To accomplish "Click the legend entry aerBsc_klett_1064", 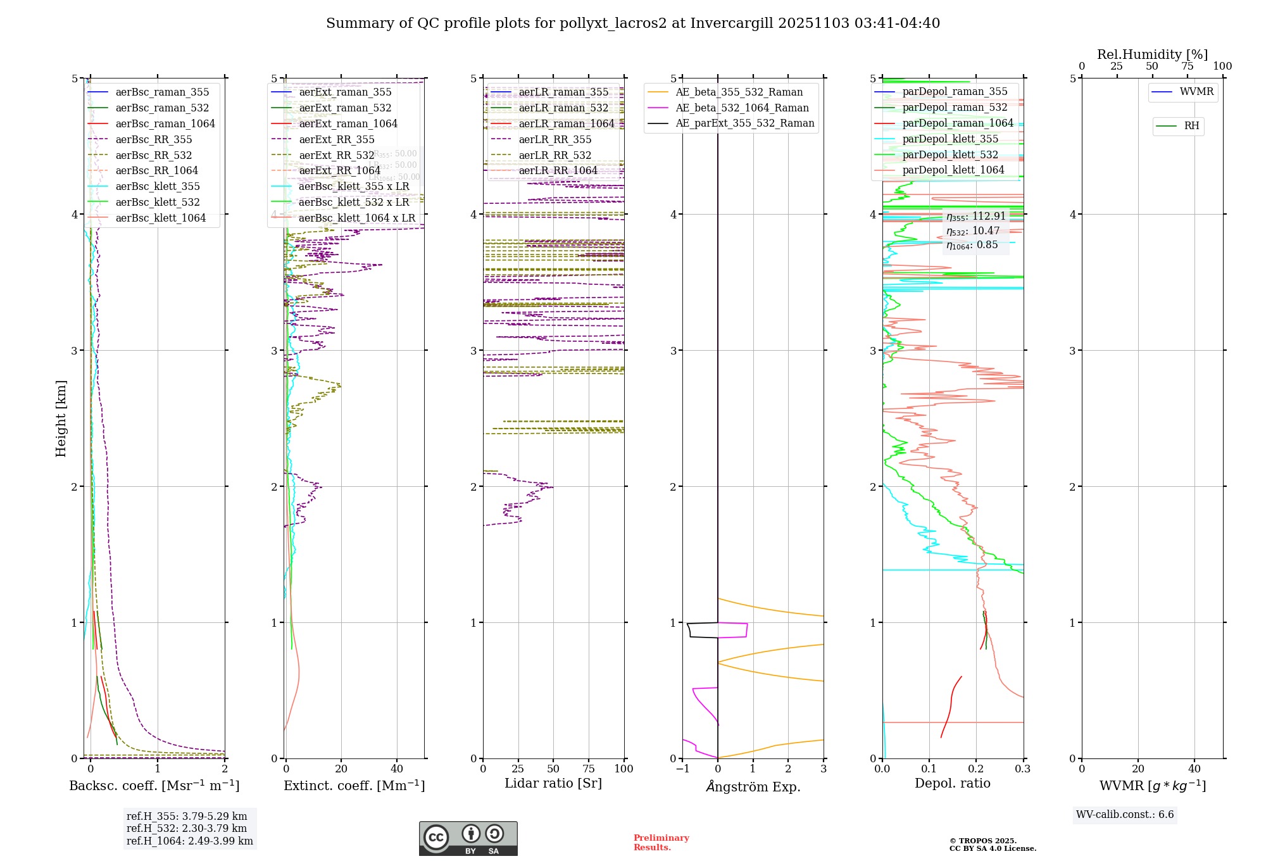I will click(x=161, y=218).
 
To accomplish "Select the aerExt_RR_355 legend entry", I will click(x=336, y=140).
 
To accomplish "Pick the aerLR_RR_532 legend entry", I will click(x=555, y=156).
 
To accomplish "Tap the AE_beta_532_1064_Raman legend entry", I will click(x=742, y=108).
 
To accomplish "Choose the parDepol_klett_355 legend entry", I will click(x=949, y=139).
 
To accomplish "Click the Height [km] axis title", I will click(x=61, y=418).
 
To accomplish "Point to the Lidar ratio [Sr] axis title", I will click(x=553, y=783).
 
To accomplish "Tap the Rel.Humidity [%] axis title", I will click(x=1152, y=54).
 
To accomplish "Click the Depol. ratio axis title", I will click(x=952, y=783).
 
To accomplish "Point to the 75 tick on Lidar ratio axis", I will click(x=589, y=769).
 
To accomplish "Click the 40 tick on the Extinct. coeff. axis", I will click(x=397, y=769).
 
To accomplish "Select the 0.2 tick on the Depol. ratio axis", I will click(x=976, y=769).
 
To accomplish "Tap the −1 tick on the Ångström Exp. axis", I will click(x=682, y=769).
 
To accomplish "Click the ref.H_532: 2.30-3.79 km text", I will click(x=187, y=829).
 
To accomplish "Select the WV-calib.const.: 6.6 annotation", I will click(x=1125, y=815).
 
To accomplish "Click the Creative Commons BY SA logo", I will click(x=468, y=838).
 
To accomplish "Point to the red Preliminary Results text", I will click(x=661, y=843).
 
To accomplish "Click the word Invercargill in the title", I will click(x=732, y=23).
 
